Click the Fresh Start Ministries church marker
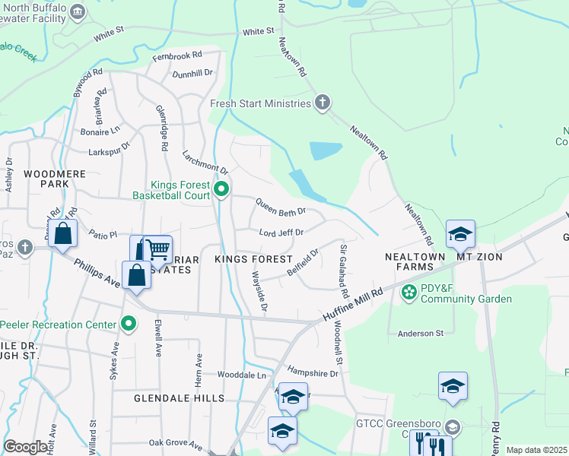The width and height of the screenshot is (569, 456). coord(323,103)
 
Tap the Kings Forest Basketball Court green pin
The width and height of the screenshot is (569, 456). coord(221,189)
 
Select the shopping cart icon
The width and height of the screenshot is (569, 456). coord(156,249)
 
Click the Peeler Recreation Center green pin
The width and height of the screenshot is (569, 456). coord(129,325)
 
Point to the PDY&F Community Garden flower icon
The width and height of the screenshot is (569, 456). coord(408,291)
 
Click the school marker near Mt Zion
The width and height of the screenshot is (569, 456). coord(460,235)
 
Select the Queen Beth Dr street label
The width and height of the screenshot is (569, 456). coord(281,206)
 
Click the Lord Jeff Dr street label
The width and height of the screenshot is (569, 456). coord(281,233)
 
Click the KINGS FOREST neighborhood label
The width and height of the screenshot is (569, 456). coord(253,260)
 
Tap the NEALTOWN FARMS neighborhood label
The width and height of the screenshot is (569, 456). coord(414,262)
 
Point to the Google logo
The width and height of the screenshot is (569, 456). coord(26,448)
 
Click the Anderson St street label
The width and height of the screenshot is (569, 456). coord(421,333)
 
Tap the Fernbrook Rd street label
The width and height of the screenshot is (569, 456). coord(176,55)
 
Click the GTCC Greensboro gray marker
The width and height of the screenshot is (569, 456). coord(453,426)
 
